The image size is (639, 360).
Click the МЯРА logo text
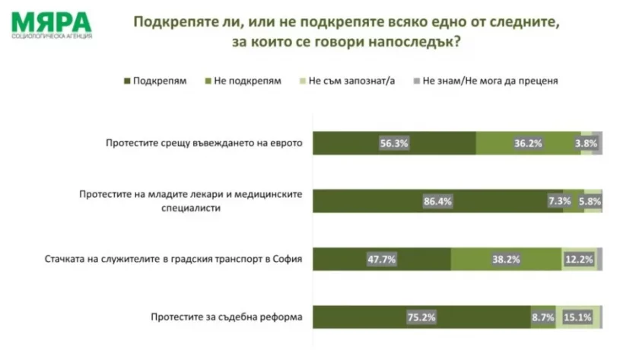[51, 21]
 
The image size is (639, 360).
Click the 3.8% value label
[586, 143]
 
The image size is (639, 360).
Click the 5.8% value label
[590, 201]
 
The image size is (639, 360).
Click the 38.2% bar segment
[505, 260]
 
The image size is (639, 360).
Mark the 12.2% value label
[578, 260]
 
